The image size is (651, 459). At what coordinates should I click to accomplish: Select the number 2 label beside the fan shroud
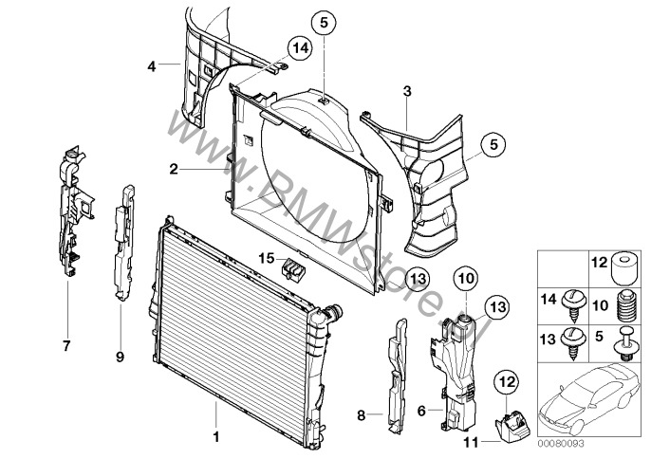tap(174, 170)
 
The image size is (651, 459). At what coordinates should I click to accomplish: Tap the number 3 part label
tap(406, 91)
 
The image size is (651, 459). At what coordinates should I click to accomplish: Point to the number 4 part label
tap(151, 65)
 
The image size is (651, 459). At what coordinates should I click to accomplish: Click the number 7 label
tap(66, 346)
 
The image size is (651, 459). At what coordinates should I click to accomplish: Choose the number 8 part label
tap(360, 415)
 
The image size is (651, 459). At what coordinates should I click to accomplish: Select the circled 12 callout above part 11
tap(506, 381)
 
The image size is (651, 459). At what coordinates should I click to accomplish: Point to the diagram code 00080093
tap(562, 443)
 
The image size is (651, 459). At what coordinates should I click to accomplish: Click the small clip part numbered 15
tap(295, 268)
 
